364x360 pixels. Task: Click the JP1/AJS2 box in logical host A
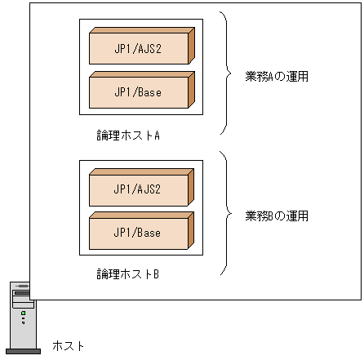139,48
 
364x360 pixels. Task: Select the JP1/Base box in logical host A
139,91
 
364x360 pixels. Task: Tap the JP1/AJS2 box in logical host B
139,189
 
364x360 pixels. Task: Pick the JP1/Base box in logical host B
139,233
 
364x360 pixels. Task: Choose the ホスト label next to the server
69,345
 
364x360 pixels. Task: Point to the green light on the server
24,313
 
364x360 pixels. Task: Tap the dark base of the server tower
23,351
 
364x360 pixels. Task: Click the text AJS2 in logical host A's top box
149,48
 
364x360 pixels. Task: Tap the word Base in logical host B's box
149,233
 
